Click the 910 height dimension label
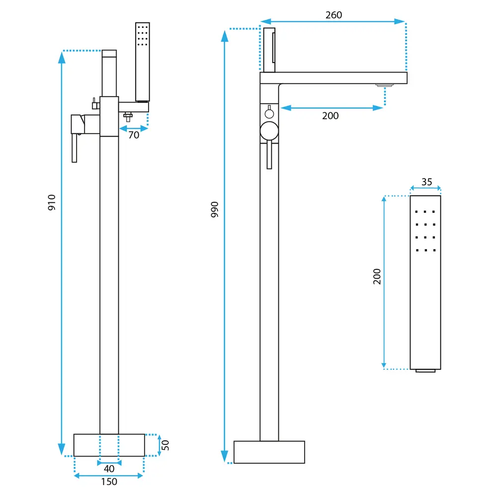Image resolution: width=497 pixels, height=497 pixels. [x=52, y=202]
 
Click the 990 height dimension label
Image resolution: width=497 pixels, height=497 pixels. [x=215, y=210]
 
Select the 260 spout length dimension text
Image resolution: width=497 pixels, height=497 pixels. [x=333, y=15]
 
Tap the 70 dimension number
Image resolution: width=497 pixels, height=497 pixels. [x=134, y=135]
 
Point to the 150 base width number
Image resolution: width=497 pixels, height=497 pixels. [x=109, y=482]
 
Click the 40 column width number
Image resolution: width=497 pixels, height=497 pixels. [x=109, y=469]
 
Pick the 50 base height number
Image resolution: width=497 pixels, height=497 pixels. [x=166, y=445]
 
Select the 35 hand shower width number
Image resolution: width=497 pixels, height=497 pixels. [x=426, y=182]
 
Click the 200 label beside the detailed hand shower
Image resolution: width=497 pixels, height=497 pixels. [x=377, y=276]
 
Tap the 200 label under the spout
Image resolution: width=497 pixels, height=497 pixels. [x=330, y=116]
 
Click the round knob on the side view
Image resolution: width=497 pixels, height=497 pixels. [x=269, y=131]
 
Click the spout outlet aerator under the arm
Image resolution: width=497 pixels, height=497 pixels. [x=384, y=85]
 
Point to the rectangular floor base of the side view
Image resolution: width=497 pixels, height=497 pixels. [x=269, y=452]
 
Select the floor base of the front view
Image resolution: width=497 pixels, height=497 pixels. [x=109, y=445]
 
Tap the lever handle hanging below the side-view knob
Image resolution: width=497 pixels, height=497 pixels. [x=269, y=155]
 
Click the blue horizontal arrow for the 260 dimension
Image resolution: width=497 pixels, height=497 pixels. [x=333, y=21]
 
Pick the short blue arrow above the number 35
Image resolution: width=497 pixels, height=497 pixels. [x=425, y=188]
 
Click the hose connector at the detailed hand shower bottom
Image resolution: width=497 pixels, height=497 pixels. [x=425, y=371]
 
